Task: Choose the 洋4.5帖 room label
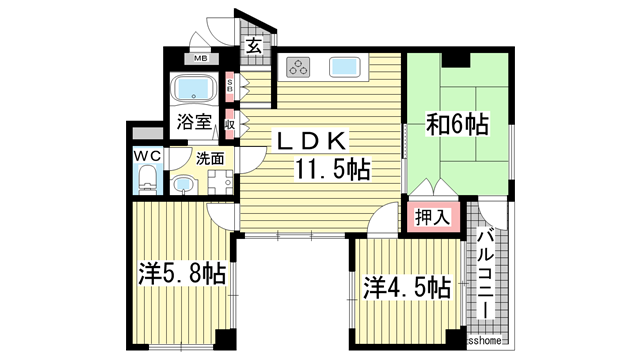coord(406,288)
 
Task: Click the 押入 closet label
coord(431,217)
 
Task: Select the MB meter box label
coord(201,59)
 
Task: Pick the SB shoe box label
coord(230,88)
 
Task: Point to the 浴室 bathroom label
coord(194,122)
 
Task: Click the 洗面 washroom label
coord(209,157)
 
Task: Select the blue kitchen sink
coord(345,67)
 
